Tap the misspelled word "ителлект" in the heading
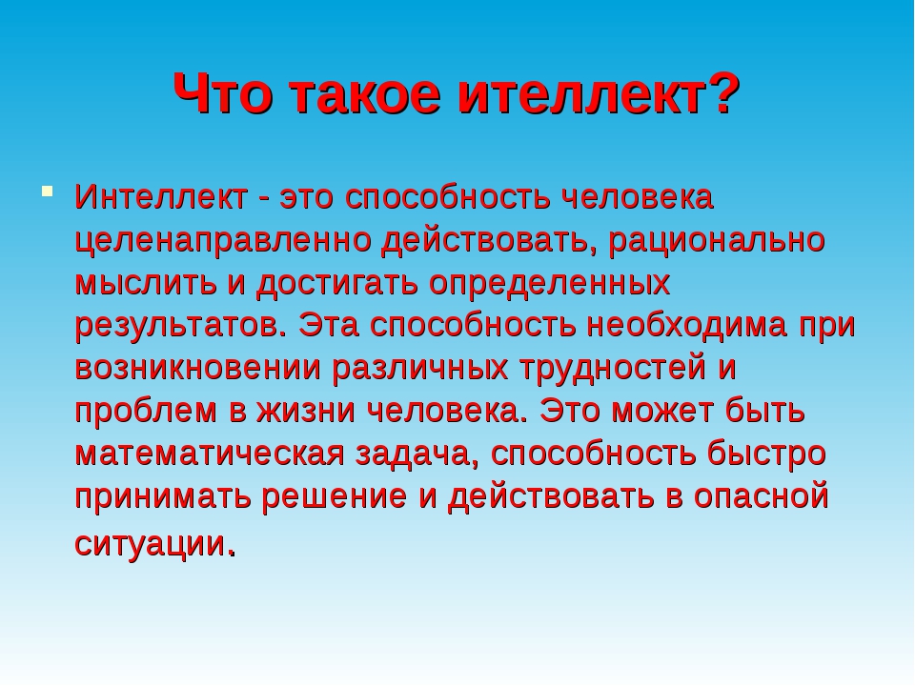pyautogui.click(x=581, y=93)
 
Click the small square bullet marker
pyautogui.click(x=48, y=191)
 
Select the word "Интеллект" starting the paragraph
pyautogui.click(x=161, y=196)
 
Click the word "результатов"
pyautogui.click(x=177, y=327)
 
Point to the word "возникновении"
pyautogui.click(x=198, y=368)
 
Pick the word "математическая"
pyautogui.click(x=210, y=454)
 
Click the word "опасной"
pyautogui.click(x=762, y=496)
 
